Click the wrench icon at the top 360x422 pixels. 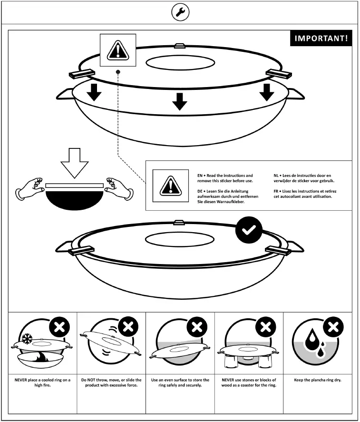pyautogui.click(x=180, y=13)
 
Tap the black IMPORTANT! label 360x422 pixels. pyautogui.click(x=321, y=39)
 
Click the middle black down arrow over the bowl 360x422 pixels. pyautogui.click(x=179, y=101)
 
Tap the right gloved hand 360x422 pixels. pyautogui.click(x=118, y=188)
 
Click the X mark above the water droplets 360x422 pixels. pyautogui.click(x=334, y=327)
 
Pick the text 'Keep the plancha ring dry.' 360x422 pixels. pyautogui.click(x=318, y=380)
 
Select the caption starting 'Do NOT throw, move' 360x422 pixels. pyautogui.click(x=111, y=383)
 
